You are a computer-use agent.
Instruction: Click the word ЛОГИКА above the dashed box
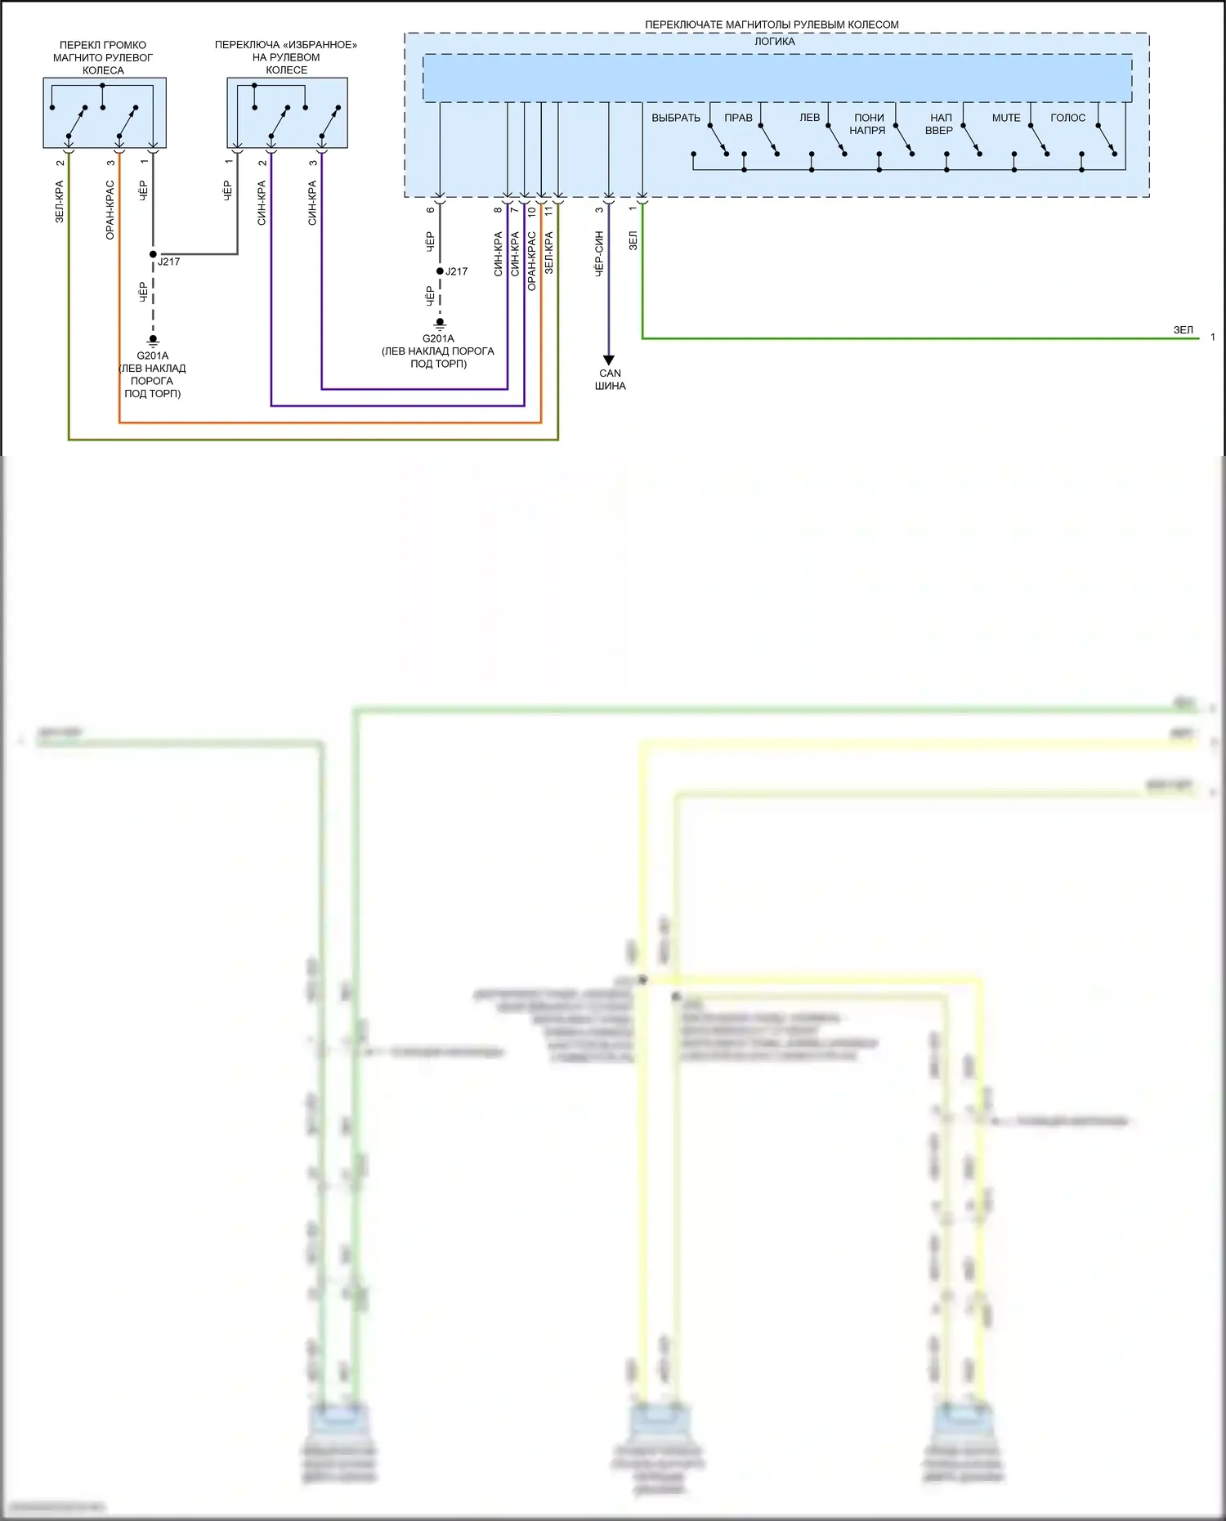[x=774, y=42]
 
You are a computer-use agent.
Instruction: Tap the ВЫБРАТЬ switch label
[x=676, y=118]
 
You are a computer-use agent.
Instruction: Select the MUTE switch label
[x=1006, y=118]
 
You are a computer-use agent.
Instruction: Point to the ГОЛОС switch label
[x=1067, y=118]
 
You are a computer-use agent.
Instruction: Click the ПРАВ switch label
[x=738, y=118]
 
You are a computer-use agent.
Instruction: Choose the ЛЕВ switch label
[x=809, y=118]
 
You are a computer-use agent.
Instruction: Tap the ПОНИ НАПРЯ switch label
[x=868, y=124]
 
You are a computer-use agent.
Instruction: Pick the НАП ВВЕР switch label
[x=940, y=124]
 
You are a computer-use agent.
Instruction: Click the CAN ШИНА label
[x=610, y=379]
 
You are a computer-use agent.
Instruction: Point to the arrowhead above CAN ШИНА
[x=609, y=360]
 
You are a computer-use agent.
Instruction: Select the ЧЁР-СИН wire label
[x=599, y=253]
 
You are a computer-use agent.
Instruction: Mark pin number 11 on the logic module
[x=548, y=210]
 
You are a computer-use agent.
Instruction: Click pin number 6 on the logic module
[x=431, y=210]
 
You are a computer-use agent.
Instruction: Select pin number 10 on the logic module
[x=531, y=211]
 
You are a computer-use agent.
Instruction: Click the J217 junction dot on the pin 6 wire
[x=440, y=271]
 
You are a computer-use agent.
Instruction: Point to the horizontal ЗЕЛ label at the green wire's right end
[x=1183, y=330]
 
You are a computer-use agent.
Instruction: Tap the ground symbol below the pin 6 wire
[x=440, y=324]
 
